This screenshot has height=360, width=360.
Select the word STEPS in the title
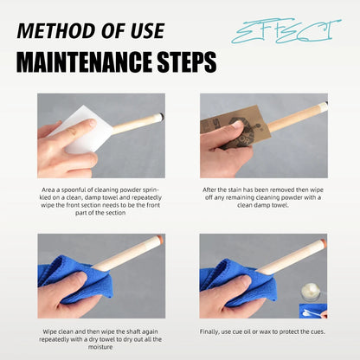(x=187, y=62)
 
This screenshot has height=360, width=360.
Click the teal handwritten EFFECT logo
(x=286, y=32)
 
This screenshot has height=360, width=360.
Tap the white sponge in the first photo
(x=87, y=127)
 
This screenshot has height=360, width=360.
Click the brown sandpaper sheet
(x=236, y=127)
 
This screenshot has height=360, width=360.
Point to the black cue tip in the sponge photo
(x=163, y=116)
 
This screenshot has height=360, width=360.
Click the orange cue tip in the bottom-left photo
(x=159, y=239)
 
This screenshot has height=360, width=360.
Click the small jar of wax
(x=311, y=292)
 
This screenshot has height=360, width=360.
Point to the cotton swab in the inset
(x=313, y=313)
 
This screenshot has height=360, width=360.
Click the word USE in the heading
(x=147, y=31)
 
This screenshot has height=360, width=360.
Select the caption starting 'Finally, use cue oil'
(x=262, y=331)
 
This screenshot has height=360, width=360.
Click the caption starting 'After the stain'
(x=263, y=197)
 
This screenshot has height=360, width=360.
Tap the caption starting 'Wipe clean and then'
(x=100, y=339)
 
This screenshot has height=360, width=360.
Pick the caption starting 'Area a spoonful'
(x=100, y=202)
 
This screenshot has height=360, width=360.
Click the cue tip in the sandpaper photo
(x=325, y=105)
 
